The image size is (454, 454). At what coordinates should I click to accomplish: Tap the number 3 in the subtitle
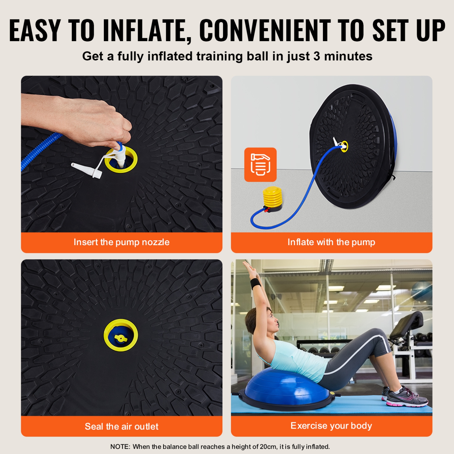tap(317, 56)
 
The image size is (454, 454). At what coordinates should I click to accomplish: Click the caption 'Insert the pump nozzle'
tap(121, 242)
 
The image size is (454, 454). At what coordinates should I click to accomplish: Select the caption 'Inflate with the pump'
tap(331, 242)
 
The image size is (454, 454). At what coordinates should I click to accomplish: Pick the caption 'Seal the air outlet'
tap(121, 426)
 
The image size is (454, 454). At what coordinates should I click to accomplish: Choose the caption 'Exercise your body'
tap(331, 426)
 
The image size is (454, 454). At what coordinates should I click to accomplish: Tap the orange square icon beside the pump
tap(260, 165)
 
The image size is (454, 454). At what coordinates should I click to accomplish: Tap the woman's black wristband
tap(256, 284)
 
